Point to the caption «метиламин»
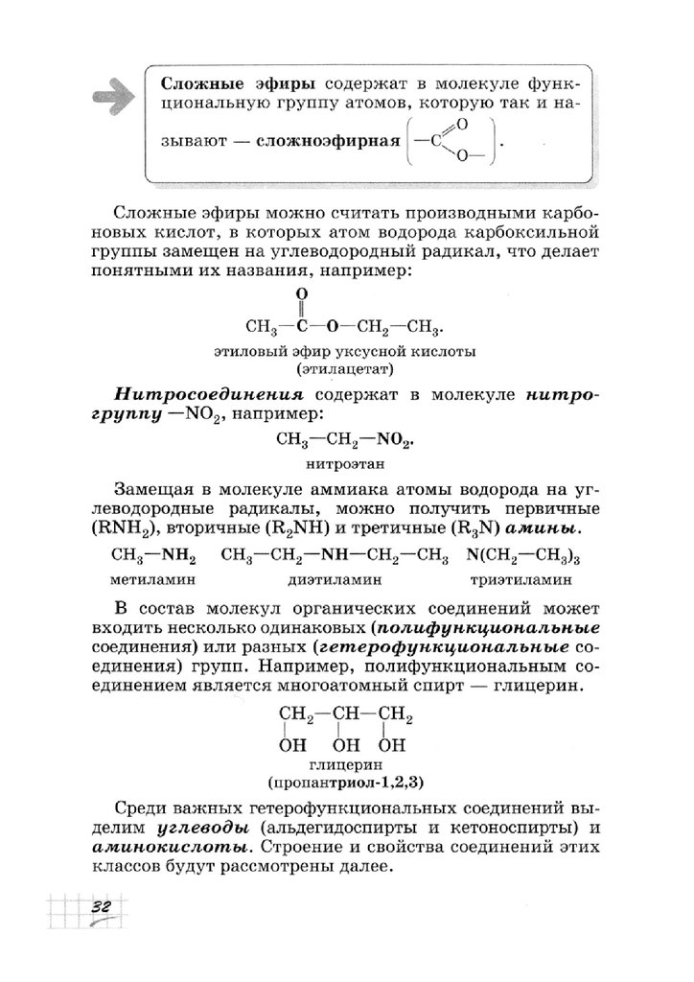click(153, 580)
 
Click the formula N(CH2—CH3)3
click(527, 555)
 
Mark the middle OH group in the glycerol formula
click(347, 745)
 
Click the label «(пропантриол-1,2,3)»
click(346, 783)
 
